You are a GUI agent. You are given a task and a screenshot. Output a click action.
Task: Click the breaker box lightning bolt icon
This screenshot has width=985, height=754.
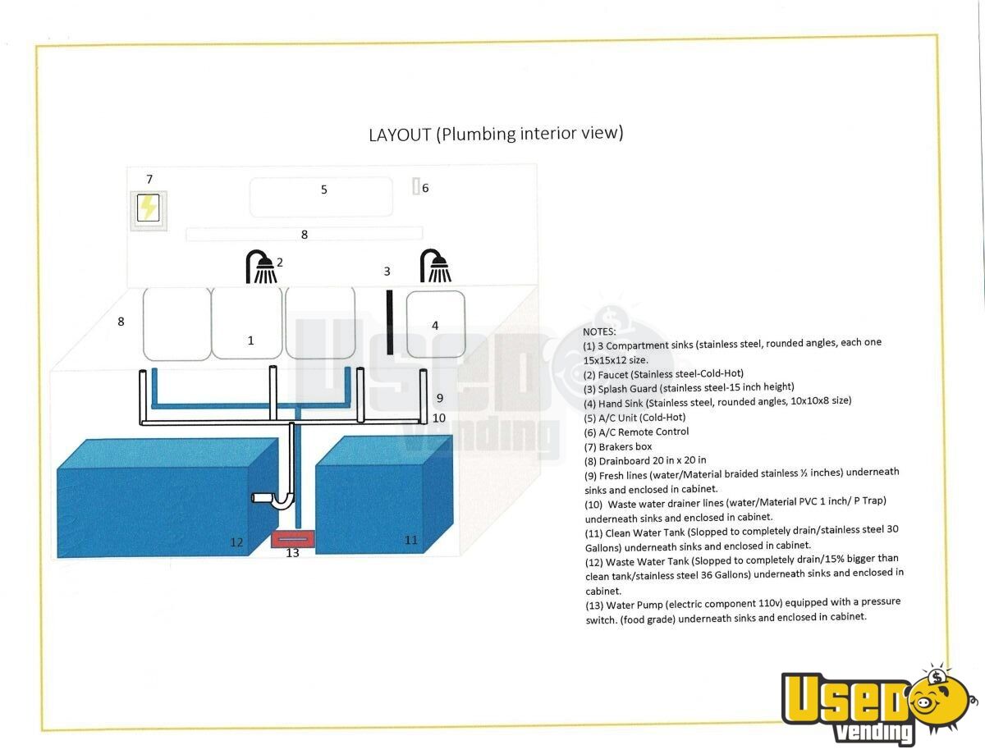(149, 208)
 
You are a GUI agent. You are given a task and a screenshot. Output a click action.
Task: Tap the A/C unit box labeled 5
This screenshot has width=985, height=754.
(321, 197)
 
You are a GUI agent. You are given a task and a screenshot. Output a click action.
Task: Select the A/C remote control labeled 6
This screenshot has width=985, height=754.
(416, 186)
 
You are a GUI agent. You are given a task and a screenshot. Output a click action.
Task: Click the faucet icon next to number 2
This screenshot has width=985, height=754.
(261, 267)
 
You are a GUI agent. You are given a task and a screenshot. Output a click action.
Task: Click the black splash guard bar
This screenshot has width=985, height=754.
(389, 322)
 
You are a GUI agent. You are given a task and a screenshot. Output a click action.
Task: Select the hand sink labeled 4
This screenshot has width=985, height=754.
(436, 324)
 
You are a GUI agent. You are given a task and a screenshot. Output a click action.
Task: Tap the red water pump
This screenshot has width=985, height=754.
(292, 539)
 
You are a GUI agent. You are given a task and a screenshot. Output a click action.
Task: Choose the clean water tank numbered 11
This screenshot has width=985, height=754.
(384, 495)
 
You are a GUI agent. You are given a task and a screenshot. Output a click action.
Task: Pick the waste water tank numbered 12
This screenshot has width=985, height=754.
(167, 497)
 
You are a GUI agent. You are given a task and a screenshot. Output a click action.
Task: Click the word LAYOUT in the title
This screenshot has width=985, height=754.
(400, 135)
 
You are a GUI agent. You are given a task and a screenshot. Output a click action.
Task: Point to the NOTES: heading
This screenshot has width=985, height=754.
(599, 331)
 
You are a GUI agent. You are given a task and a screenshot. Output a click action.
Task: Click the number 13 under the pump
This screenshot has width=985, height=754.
(292, 553)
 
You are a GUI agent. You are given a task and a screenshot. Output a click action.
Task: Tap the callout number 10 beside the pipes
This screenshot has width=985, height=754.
(439, 418)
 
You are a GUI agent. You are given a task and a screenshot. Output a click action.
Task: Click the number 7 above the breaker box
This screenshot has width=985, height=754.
(149, 180)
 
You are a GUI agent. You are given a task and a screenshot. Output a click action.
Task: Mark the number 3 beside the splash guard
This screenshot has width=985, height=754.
(387, 272)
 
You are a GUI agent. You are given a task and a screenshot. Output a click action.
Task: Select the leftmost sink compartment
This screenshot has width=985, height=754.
(177, 324)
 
